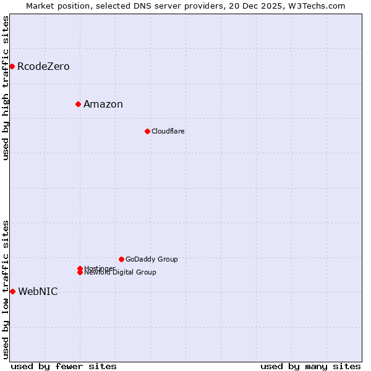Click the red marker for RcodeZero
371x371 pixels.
tap(12, 66)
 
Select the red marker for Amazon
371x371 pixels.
tap(78, 104)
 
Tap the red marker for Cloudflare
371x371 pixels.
tap(147, 131)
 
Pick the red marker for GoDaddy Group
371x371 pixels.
tap(121, 259)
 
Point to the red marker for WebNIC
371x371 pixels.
tap(12, 291)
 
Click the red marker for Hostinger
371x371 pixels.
tap(80, 268)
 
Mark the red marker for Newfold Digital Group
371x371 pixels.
tap(80, 272)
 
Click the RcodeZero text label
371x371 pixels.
tap(43, 66)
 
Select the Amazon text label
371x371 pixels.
tap(103, 104)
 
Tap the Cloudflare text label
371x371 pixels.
tap(168, 131)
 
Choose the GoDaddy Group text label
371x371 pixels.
tap(151, 259)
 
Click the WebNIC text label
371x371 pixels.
tap(38, 292)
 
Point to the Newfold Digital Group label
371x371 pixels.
tap(120, 273)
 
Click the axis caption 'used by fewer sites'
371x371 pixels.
tap(64, 366)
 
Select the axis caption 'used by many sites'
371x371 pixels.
tap(310, 366)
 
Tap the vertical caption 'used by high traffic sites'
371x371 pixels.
tap(6, 88)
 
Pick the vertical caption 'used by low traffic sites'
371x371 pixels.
tap(6, 289)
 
